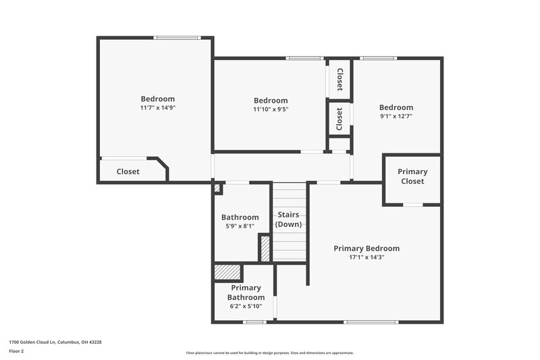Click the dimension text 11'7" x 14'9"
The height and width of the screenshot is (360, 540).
[x=157, y=107]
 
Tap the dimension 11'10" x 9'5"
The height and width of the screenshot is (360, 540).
[x=271, y=109]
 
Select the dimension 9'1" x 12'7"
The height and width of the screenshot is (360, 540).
[x=396, y=116]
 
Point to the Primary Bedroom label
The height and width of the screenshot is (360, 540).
[x=367, y=249]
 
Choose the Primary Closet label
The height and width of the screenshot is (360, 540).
[x=412, y=176]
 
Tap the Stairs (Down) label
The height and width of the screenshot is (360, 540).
[x=288, y=220]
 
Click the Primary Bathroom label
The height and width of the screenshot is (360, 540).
[x=245, y=292]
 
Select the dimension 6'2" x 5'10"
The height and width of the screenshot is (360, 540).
[x=245, y=306]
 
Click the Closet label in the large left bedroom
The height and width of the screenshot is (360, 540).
[x=128, y=172]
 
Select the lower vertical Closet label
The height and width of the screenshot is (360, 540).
[x=340, y=118]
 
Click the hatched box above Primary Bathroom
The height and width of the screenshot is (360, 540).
[x=227, y=272]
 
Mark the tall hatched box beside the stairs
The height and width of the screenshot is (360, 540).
[x=265, y=248]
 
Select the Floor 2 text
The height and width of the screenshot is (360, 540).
[x=16, y=351]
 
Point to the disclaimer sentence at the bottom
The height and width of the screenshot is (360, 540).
[x=269, y=353]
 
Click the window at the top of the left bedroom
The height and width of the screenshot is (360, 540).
[x=177, y=38]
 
